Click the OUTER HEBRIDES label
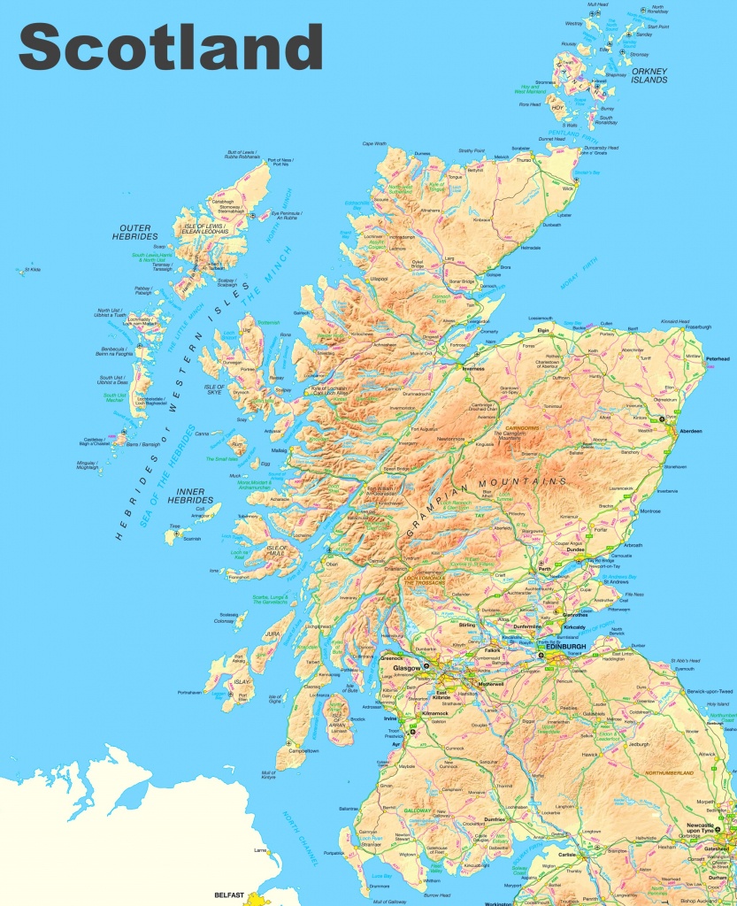(134, 232)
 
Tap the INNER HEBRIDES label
(185, 495)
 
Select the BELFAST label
(229, 895)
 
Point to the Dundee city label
(575, 549)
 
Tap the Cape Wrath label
(374, 143)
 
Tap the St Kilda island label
(34, 269)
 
